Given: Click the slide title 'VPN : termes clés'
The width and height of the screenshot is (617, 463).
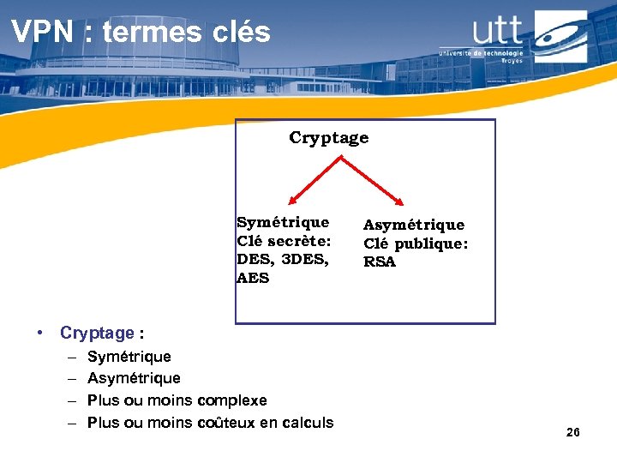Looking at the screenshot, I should (141, 33).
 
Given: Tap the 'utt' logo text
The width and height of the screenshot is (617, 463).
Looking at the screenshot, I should (497, 32).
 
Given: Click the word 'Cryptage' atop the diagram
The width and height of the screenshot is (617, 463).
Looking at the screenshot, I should (328, 138).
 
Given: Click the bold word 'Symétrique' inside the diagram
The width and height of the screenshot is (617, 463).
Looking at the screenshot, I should (283, 222).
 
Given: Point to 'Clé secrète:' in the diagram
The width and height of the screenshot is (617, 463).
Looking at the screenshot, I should (283, 241).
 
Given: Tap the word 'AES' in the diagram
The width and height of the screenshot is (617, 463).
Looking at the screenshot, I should (253, 278).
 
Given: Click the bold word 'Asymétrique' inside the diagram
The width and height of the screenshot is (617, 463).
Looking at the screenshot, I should (414, 225).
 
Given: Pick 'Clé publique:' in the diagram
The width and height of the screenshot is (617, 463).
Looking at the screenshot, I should (416, 244).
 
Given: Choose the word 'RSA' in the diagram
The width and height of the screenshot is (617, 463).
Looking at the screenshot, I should (380, 262).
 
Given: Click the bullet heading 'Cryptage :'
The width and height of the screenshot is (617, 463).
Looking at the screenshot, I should (101, 333).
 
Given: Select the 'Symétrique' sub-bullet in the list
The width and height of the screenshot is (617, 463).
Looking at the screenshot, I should (129, 357).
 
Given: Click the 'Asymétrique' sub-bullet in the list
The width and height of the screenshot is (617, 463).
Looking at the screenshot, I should (134, 378).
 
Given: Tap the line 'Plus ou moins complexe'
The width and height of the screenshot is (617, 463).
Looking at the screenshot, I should (177, 400).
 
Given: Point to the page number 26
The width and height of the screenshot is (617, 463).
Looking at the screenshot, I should (573, 433).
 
